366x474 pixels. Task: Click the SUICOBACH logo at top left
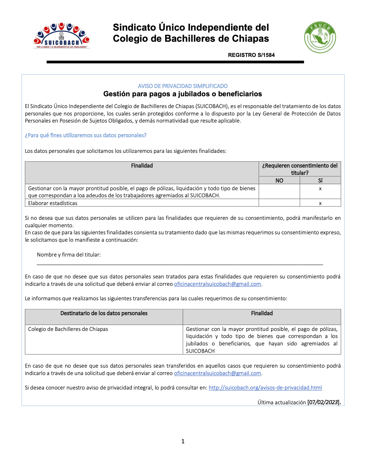tap(62, 36)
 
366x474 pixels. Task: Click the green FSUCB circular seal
tap(320, 37)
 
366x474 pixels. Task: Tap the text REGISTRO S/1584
tap(251, 55)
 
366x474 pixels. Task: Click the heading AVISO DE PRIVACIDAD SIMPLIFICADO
tap(183, 86)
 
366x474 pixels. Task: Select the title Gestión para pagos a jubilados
tap(183, 94)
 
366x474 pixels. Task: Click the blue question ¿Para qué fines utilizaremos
tap(86, 135)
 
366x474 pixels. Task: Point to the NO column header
tap(279, 180)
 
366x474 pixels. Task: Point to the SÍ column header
tap(320, 180)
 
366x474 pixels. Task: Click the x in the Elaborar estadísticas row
tap(320, 203)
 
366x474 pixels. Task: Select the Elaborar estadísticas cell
tap(53, 203)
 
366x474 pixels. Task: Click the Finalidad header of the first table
tap(142, 166)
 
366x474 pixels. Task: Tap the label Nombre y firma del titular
tap(69, 255)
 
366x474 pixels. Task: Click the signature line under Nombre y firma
tap(180, 265)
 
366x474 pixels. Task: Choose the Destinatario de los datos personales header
tap(104, 313)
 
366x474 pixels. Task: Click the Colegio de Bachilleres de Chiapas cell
tap(68, 329)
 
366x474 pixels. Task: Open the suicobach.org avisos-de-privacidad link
tap(265, 388)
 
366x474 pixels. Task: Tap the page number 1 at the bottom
tap(183, 441)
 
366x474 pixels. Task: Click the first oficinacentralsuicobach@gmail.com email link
tap(218, 284)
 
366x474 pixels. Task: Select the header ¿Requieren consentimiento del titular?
tap(300, 169)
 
